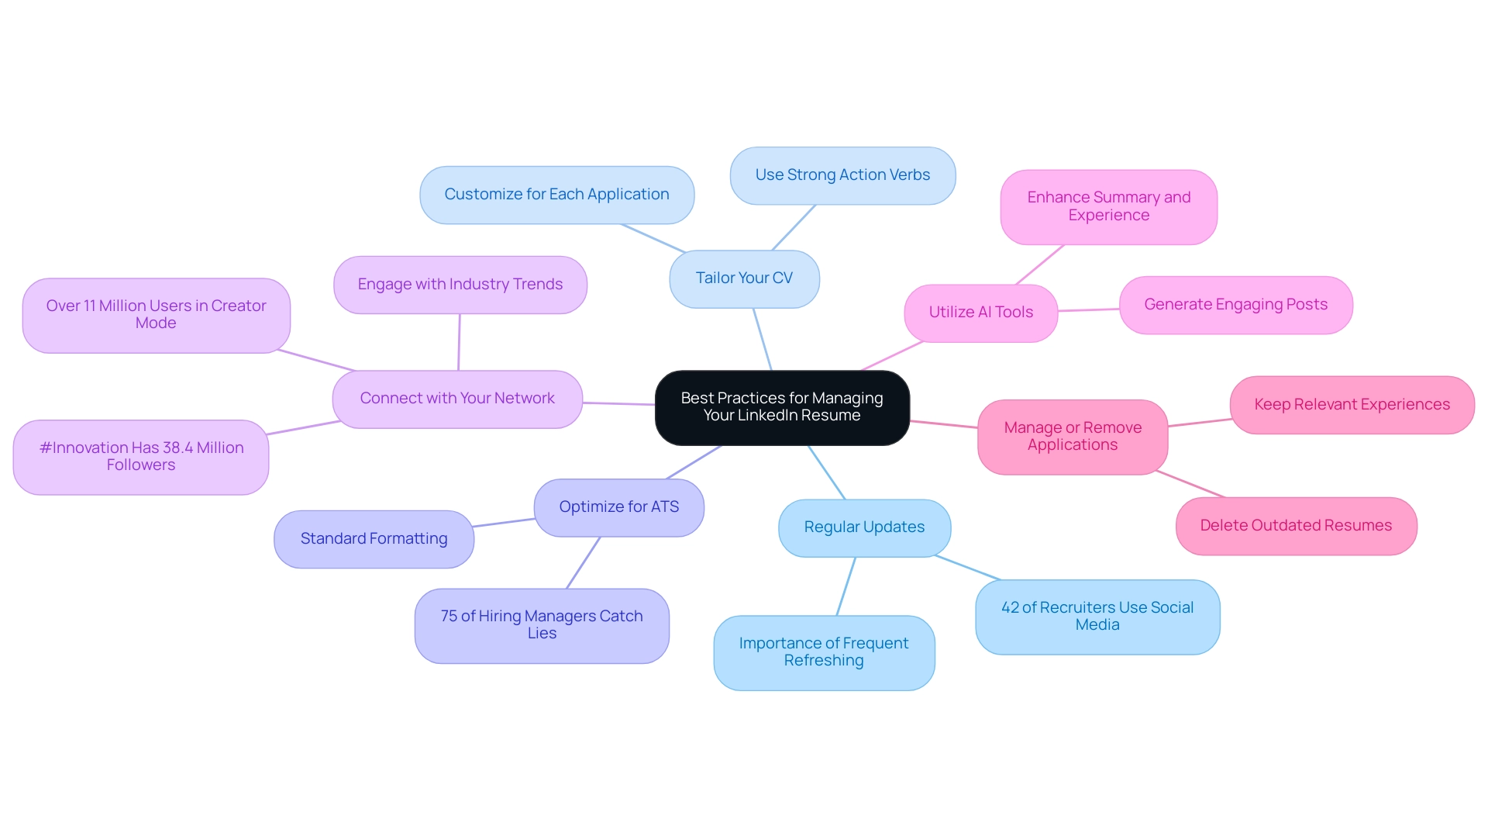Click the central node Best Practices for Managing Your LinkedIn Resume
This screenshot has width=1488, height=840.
click(x=782, y=407)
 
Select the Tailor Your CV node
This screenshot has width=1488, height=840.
click(x=744, y=278)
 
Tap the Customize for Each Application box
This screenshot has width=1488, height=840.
click(x=556, y=195)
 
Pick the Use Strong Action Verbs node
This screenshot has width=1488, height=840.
click(x=842, y=175)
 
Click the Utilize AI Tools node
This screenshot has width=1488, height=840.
click(x=980, y=313)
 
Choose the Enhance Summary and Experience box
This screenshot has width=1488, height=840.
click(x=1108, y=207)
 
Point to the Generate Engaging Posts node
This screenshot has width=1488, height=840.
click(x=1235, y=305)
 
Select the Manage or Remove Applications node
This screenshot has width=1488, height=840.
click(x=1073, y=437)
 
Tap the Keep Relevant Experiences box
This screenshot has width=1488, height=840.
click(x=1352, y=405)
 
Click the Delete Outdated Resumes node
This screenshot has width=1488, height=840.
click(x=1296, y=526)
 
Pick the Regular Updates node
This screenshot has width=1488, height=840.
click(x=864, y=527)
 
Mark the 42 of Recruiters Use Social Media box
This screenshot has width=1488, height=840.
click(x=1097, y=617)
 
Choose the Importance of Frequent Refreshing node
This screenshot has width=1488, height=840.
click(x=824, y=652)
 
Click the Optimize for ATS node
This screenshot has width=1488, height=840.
click(x=618, y=507)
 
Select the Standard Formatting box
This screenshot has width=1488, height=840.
click(x=374, y=539)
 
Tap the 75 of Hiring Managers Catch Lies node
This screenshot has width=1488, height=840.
click(x=542, y=625)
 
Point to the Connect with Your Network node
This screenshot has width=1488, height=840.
click(x=457, y=399)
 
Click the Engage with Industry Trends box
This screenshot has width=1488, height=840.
click(x=460, y=285)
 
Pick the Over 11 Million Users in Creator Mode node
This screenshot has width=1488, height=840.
click(x=156, y=315)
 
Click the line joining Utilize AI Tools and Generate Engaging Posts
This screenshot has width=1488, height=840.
click(x=1089, y=309)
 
